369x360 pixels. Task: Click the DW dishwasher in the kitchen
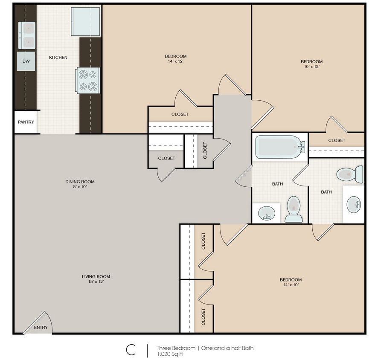click(26, 61)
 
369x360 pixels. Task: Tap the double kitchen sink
click(27, 35)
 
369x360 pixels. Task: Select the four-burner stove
click(88, 81)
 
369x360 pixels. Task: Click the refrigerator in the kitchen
click(86, 21)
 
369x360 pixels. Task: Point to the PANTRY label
click(26, 122)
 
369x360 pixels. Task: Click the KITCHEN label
click(58, 58)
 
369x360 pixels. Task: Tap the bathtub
click(280, 147)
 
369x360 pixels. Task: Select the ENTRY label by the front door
click(41, 328)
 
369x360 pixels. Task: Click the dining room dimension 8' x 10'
click(80, 187)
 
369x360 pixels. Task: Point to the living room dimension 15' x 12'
click(96, 282)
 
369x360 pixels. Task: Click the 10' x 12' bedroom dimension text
click(311, 67)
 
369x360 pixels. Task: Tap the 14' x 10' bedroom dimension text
click(291, 285)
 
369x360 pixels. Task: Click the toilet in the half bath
click(350, 174)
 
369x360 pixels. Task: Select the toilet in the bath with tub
click(293, 209)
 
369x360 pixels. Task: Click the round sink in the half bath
click(354, 204)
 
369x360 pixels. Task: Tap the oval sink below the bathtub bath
click(267, 213)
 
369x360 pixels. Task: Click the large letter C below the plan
click(131, 350)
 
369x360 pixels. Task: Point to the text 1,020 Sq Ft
click(170, 354)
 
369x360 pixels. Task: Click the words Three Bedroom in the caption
click(176, 348)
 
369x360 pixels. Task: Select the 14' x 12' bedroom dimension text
click(176, 61)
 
